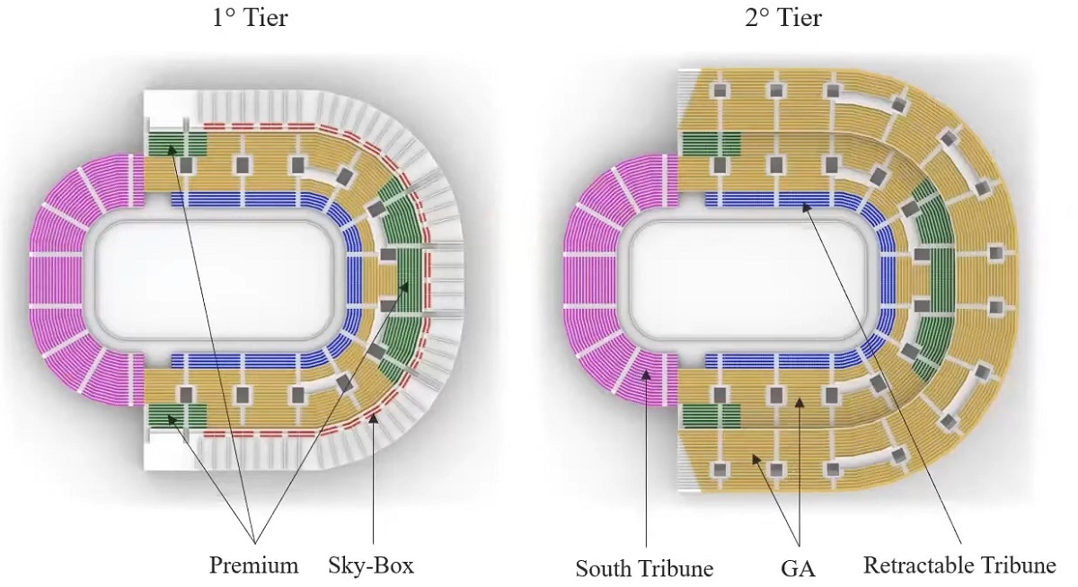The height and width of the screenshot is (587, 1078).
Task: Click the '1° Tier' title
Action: point(250,18)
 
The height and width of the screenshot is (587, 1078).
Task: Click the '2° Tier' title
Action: point(782,18)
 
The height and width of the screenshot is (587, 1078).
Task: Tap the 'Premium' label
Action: point(253,565)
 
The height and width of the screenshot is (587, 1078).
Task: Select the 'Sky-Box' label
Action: point(372,565)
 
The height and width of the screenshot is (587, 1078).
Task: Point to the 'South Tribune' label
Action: point(644,568)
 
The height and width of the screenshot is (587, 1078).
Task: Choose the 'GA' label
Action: point(798,568)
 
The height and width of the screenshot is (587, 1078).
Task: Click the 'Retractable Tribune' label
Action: point(959,565)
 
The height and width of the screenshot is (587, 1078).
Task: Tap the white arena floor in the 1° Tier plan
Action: point(216,277)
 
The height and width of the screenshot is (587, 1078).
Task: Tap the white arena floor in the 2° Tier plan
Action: point(751,277)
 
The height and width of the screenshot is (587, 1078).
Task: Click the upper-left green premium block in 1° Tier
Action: point(177,144)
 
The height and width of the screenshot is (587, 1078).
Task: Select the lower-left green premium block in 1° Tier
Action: point(177,416)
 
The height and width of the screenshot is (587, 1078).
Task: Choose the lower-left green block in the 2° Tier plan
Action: point(711,416)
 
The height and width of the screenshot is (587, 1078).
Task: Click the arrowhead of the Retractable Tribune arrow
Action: point(804,206)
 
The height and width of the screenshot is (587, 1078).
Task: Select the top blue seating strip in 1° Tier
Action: point(243,199)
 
